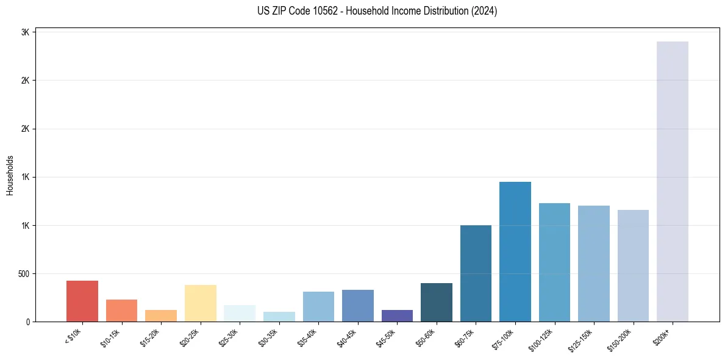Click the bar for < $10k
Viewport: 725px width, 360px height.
(82, 301)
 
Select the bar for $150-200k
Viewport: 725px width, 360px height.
(633, 265)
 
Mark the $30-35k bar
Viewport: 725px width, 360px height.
(279, 317)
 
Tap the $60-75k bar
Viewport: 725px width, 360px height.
(476, 273)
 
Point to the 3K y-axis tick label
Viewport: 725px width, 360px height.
(26, 32)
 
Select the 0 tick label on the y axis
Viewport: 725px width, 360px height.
(27, 322)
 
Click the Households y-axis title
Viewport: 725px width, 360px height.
(10, 175)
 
